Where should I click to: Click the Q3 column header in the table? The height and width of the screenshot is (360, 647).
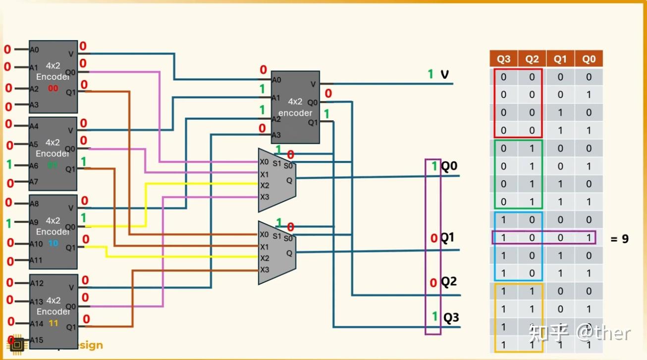[x=503, y=59]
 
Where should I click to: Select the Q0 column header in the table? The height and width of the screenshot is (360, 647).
[x=589, y=59]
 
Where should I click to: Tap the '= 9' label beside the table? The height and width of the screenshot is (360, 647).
[x=619, y=239]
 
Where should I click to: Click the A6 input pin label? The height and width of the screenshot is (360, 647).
[x=34, y=166]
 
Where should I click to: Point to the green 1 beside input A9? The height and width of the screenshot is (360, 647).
[x=8, y=223]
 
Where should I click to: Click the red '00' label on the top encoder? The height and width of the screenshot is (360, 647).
[x=53, y=89]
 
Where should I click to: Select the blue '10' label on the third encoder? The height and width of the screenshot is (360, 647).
[x=53, y=244]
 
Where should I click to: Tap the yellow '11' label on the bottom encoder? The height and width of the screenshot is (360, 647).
[x=53, y=323]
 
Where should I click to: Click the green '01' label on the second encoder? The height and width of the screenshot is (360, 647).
[x=53, y=165]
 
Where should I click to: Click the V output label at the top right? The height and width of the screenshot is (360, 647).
[x=444, y=74]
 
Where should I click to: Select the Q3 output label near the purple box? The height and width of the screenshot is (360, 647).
[x=451, y=317]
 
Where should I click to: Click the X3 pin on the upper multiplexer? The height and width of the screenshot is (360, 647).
[x=265, y=197]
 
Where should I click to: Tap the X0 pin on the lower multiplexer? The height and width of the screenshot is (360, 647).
[x=265, y=234]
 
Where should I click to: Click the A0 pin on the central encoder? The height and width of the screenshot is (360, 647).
[x=276, y=80]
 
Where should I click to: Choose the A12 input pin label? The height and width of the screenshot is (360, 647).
[x=37, y=284]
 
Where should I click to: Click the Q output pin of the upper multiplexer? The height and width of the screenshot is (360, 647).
[x=289, y=181]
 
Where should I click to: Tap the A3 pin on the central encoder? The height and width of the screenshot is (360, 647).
[x=276, y=135]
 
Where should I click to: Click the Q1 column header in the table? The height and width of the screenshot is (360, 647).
[x=560, y=59]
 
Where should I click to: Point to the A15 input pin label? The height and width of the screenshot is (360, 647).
[x=37, y=340]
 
